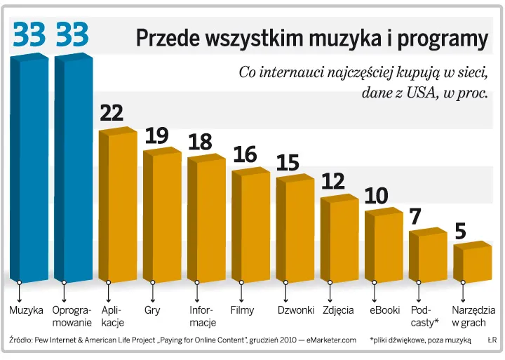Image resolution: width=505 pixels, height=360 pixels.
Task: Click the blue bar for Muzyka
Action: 29,168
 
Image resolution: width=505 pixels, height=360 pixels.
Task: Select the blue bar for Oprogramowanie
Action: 73,168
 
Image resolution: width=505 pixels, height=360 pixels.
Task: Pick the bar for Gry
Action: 162,214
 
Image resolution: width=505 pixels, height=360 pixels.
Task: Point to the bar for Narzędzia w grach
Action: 472,261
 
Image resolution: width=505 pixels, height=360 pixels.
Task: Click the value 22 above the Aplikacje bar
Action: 112,112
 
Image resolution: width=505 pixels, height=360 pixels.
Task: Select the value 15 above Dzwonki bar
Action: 288,162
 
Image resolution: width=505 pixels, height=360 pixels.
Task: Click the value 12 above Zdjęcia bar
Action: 333,181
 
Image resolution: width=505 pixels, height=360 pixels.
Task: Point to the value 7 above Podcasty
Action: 415,216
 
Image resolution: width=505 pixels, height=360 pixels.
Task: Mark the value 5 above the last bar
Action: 460,231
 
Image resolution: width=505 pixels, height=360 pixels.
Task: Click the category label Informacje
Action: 203,315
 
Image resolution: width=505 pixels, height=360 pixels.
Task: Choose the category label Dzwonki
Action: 295,309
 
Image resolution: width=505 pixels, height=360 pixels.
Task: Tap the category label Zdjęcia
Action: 338,309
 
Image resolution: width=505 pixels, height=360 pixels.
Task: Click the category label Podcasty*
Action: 424,315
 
